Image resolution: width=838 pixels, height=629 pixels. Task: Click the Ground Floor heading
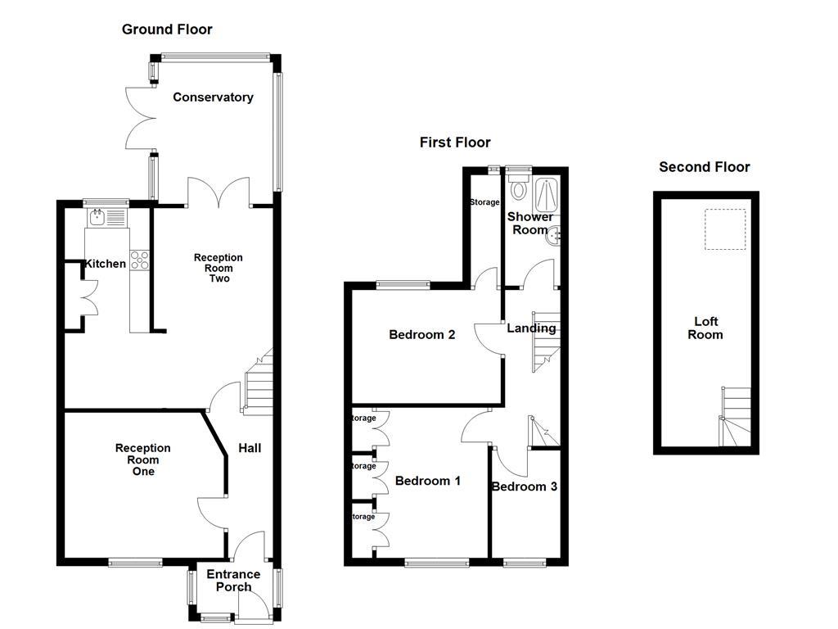click(x=167, y=29)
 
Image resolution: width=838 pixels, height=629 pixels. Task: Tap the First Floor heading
click(x=455, y=143)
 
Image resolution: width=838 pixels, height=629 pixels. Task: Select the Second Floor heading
click(x=705, y=167)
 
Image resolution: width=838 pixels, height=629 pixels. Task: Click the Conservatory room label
click(x=213, y=97)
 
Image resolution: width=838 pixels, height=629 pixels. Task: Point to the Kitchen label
click(x=106, y=264)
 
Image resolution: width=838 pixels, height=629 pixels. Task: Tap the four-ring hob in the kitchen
click(x=139, y=260)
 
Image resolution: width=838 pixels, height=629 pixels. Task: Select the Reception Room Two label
click(x=218, y=268)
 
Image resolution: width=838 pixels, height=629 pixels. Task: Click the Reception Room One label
click(x=142, y=459)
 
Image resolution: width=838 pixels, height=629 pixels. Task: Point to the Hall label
click(x=250, y=448)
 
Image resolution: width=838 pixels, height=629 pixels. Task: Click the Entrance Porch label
click(x=233, y=580)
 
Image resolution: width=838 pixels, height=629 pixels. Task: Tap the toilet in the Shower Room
click(x=518, y=188)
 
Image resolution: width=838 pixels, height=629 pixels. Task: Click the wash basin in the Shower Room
click(x=556, y=236)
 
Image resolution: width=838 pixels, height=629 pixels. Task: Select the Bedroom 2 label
click(x=421, y=334)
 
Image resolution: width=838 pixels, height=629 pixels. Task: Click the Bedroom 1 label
click(x=427, y=481)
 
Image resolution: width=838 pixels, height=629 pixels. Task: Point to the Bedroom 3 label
click(x=525, y=486)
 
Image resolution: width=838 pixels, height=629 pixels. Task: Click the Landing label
click(x=531, y=328)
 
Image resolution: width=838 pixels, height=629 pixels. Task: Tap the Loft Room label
click(x=705, y=328)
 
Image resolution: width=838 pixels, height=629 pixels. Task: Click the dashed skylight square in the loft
click(x=725, y=229)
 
